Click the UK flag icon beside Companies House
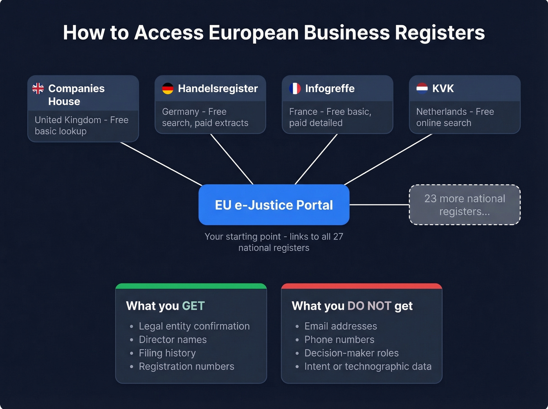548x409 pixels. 38,88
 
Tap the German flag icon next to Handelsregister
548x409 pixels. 168,88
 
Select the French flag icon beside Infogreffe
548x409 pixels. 295,88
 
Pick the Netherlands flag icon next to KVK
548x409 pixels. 422,88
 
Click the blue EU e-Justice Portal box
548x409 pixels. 274,205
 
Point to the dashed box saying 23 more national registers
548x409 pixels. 465,205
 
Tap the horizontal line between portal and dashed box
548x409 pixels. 379,205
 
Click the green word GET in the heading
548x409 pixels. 193,306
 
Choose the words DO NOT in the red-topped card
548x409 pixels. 369,306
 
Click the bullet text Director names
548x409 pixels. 173,340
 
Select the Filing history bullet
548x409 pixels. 167,353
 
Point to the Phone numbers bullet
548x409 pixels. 339,340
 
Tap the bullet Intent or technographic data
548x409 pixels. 368,366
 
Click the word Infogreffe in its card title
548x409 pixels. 330,88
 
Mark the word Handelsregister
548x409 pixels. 218,88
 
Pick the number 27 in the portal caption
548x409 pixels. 338,236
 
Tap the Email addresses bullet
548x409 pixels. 341,326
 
